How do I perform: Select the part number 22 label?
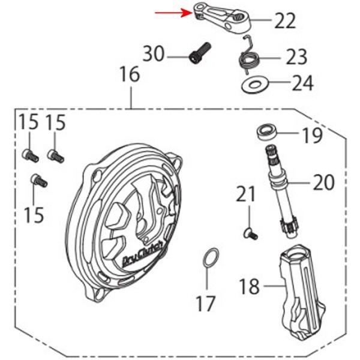pyautogui.click(x=285, y=21)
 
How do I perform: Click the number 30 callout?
pyautogui.click(x=154, y=54)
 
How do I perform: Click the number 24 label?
pyautogui.click(x=302, y=83)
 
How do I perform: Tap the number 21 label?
pyautogui.click(x=245, y=194)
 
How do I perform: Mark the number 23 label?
pyautogui.click(x=296, y=58)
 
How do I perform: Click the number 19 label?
pyautogui.click(x=312, y=136)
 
